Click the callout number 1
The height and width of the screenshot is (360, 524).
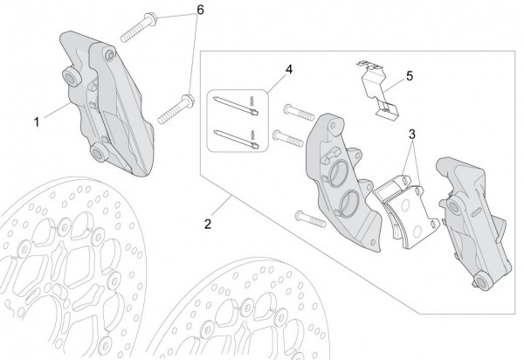[37, 122]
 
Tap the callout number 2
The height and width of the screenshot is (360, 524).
[208, 224]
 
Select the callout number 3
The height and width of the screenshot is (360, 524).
[412, 135]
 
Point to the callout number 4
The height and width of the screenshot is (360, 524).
[289, 70]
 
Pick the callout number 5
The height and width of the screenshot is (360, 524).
[410, 76]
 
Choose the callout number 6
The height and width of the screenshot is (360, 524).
[200, 10]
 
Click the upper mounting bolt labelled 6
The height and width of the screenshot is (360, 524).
[139, 27]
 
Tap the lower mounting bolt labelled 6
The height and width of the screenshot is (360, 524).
[176, 109]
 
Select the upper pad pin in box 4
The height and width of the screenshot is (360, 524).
[236, 106]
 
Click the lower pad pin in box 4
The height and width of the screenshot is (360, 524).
[236, 138]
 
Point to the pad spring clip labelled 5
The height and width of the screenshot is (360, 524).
[377, 90]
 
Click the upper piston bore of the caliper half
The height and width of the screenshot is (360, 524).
[338, 172]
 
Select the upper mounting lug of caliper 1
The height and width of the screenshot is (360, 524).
[72, 79]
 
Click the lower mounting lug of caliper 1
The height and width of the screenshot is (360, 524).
[99, 153]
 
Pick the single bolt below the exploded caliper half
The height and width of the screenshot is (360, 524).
[310, 219]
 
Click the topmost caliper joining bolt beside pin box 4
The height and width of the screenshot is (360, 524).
[299, 113]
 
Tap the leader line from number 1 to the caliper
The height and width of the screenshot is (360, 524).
[58, 110]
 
